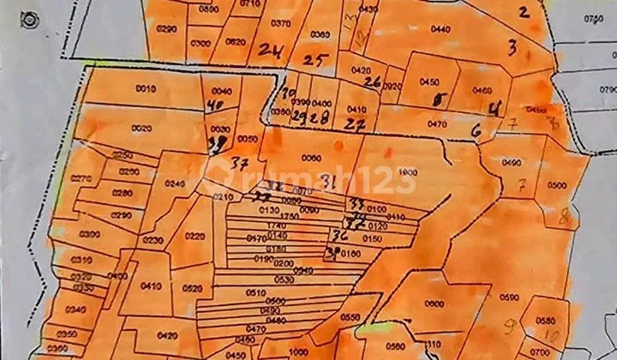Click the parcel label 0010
pyautogui.click(x=146, y=89)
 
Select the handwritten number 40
pyautogui.click(x=214, y=106)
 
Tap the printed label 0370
pyautogui.click(x=280, y=23)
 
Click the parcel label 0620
pyautogui.click(x=235, y=41)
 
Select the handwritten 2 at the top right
pyautogui.click(x=524, y=11)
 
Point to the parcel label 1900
pyautogui.click(x=406, y=172)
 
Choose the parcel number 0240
pyautogui.click(x=174, y=183)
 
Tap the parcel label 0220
pyautogui.click(x=195, y=237)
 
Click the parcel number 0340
pyautogui.click(x=75, y=310)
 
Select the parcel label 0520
pyautogui.click(x=193, y=288)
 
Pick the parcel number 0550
pyautogui.click(x=350, y=317)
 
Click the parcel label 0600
pyautogui.click(x=434, y=303)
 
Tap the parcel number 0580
pyautogui.click(x=545, y=321)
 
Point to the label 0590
pyautogui.click(x=510, y=297)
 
